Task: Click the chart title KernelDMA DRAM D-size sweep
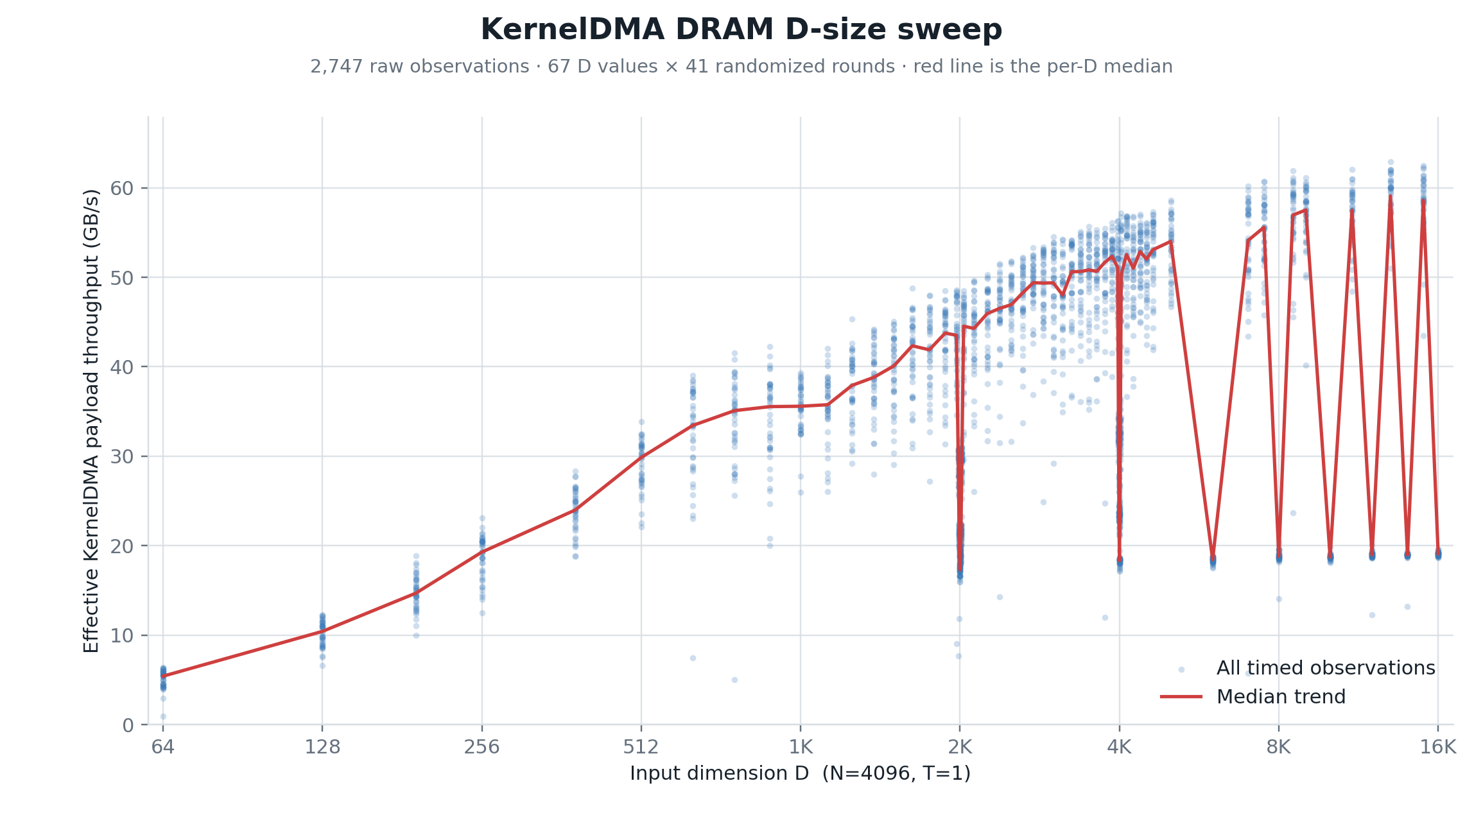(x=741, y=30)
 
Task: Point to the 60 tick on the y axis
(x=122, y=189)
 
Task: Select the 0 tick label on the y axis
(x=128, y=726)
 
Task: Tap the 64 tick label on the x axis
(x=163, y=747)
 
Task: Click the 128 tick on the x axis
(x=322, y=747)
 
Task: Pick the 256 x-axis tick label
(x=482, y=747)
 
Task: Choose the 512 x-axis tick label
(x=641, y=747)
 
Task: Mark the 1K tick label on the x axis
(x=801, y=747)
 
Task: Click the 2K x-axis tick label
(x=960, y=747)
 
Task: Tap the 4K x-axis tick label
(x=1120, y=747)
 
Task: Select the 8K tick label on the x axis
(x=1279, y=747)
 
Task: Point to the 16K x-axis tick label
(x=1438, y=747)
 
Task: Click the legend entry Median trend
(x=1281, y=697)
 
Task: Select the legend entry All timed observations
(x=1326, y=668)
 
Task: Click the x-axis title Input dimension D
(x=719, y=773)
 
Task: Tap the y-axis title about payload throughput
(x=91, y=421)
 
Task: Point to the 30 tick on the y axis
(x=122, y=457)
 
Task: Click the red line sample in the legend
(x=1181, y=697)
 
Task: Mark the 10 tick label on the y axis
(x=122, y=636)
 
